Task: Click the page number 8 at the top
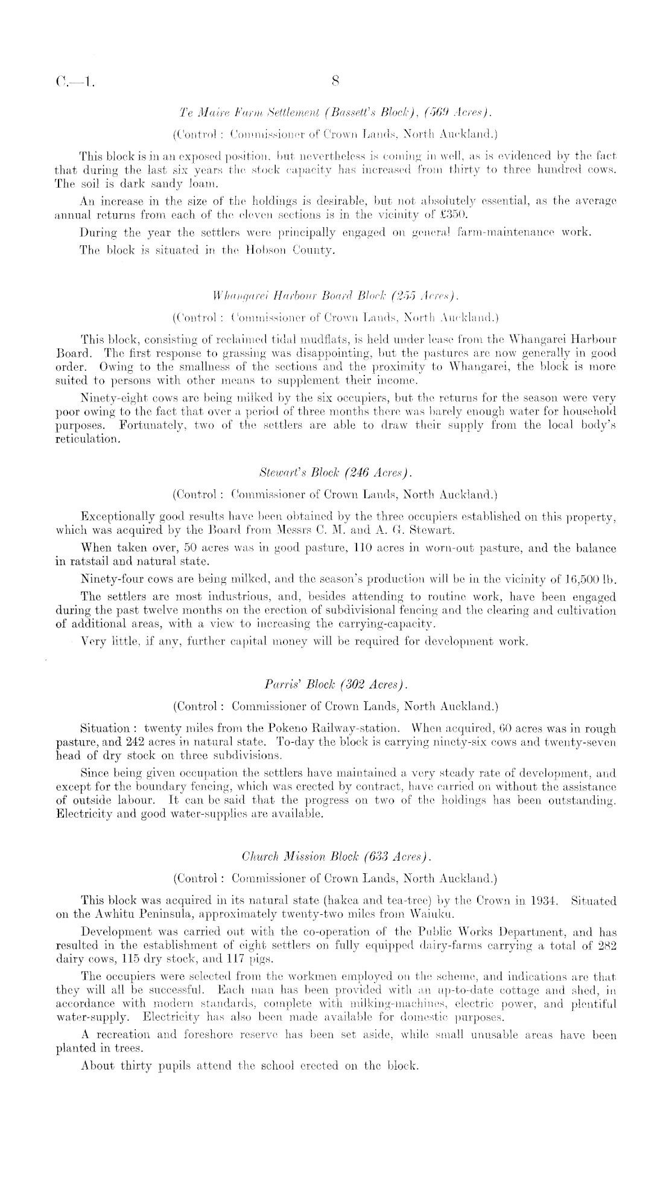tap(335, 82)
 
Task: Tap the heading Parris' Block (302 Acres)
tap(332, 685)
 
